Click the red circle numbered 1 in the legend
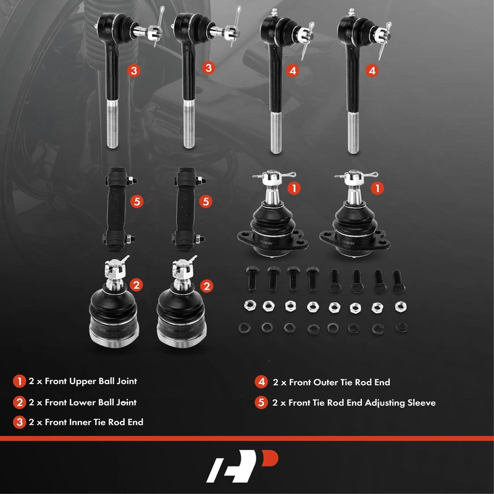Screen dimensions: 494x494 19,381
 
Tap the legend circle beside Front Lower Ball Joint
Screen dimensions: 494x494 19,403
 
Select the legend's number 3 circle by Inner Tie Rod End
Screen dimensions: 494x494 19,422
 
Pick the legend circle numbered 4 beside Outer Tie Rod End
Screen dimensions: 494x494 261,382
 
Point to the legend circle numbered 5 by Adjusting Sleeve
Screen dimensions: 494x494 261,403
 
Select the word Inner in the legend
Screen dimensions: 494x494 80,422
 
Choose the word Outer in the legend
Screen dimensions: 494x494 325,382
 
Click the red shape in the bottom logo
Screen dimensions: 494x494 270,458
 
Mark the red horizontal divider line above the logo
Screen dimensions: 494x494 247,438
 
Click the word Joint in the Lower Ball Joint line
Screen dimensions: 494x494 127,403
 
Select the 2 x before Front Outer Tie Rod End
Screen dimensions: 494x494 280,382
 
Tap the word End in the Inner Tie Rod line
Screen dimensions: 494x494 135,422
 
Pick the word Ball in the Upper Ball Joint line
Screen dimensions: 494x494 106,381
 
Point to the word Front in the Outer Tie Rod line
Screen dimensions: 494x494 300,382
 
